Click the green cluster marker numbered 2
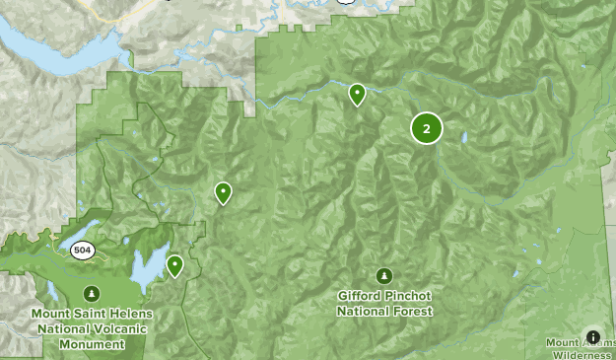[x=426, y=128]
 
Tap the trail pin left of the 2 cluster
[x=358, y=94]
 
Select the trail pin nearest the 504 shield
[x=175, y=264]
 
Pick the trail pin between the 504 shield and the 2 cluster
[x=224, y=192]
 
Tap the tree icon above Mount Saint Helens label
[x=92, y=293]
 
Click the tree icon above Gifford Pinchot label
[x=383, y=276]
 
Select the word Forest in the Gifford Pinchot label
[x=409, y=311]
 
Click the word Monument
[x=92, y=344]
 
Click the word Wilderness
[x=582, y=355]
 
